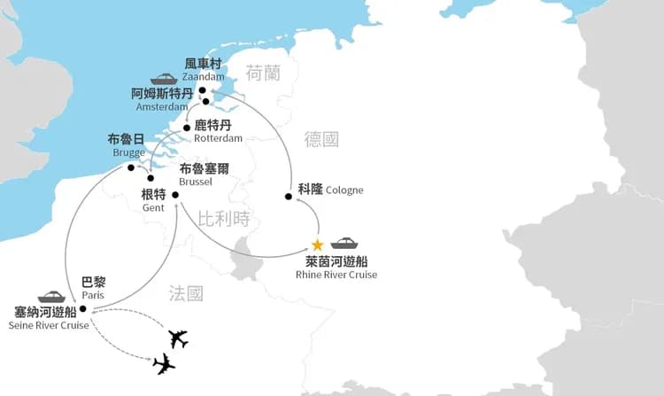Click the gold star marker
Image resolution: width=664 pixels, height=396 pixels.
(317, 245)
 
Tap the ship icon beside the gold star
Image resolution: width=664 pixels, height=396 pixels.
(344, 243)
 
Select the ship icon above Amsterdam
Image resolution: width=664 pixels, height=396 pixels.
(164, 79)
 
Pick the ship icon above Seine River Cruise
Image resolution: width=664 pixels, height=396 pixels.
(51, 297)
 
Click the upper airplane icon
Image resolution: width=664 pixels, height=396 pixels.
(178, 338)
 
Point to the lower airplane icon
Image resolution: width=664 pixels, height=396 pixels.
(164, 363)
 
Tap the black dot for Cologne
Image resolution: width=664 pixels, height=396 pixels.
(289, 196)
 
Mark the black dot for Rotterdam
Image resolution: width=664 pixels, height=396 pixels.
(187, 128)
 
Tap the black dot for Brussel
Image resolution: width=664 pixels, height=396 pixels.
(175, 195)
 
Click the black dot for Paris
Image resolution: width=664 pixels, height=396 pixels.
(82, 309)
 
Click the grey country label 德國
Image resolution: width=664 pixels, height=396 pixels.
(320, 139)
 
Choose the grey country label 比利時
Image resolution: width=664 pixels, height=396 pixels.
(224, 218)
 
